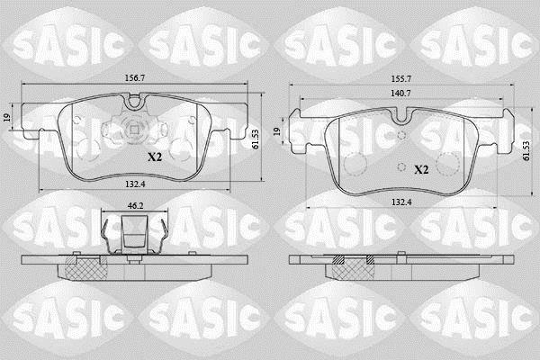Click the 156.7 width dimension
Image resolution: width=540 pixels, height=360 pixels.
135,78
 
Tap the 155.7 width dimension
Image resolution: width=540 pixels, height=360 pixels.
400,78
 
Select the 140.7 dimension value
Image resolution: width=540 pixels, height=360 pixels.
400,93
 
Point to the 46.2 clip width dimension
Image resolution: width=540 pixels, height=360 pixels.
135,206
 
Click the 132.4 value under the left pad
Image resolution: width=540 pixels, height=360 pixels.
135,184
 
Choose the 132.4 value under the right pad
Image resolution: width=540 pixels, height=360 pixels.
401,202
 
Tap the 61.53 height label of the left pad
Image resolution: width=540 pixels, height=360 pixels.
256,139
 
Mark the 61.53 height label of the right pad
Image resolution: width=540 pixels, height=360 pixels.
526,150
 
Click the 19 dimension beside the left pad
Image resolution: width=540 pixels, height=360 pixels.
6,118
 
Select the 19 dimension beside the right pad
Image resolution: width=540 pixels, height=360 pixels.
277,131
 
